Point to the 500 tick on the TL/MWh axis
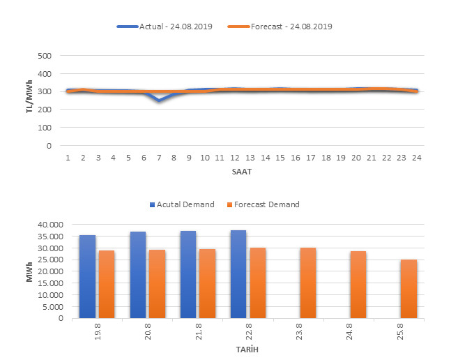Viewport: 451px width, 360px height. [x=44, y=56]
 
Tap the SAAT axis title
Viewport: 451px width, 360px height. [x=242, y=171]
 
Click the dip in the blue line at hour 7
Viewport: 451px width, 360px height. [x=159, y=100]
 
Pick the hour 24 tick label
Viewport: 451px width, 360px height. [x=416, y=158]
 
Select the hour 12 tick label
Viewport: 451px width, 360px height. [x=235, y=158]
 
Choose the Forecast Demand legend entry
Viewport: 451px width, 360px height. [x=266, y=204]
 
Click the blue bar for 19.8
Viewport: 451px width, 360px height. [x=87, y=276]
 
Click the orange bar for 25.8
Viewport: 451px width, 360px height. [x=408, y=289]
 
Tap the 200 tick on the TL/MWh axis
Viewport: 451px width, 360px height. [x=44, y=110]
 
